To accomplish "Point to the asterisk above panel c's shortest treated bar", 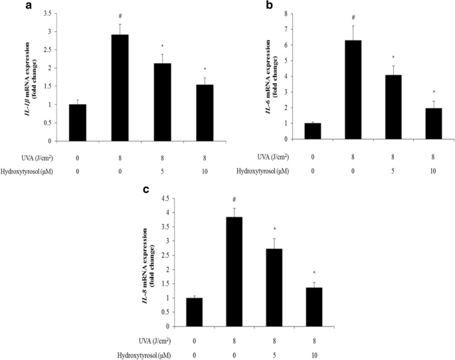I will pyautogui.click(x=314, y=274).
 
